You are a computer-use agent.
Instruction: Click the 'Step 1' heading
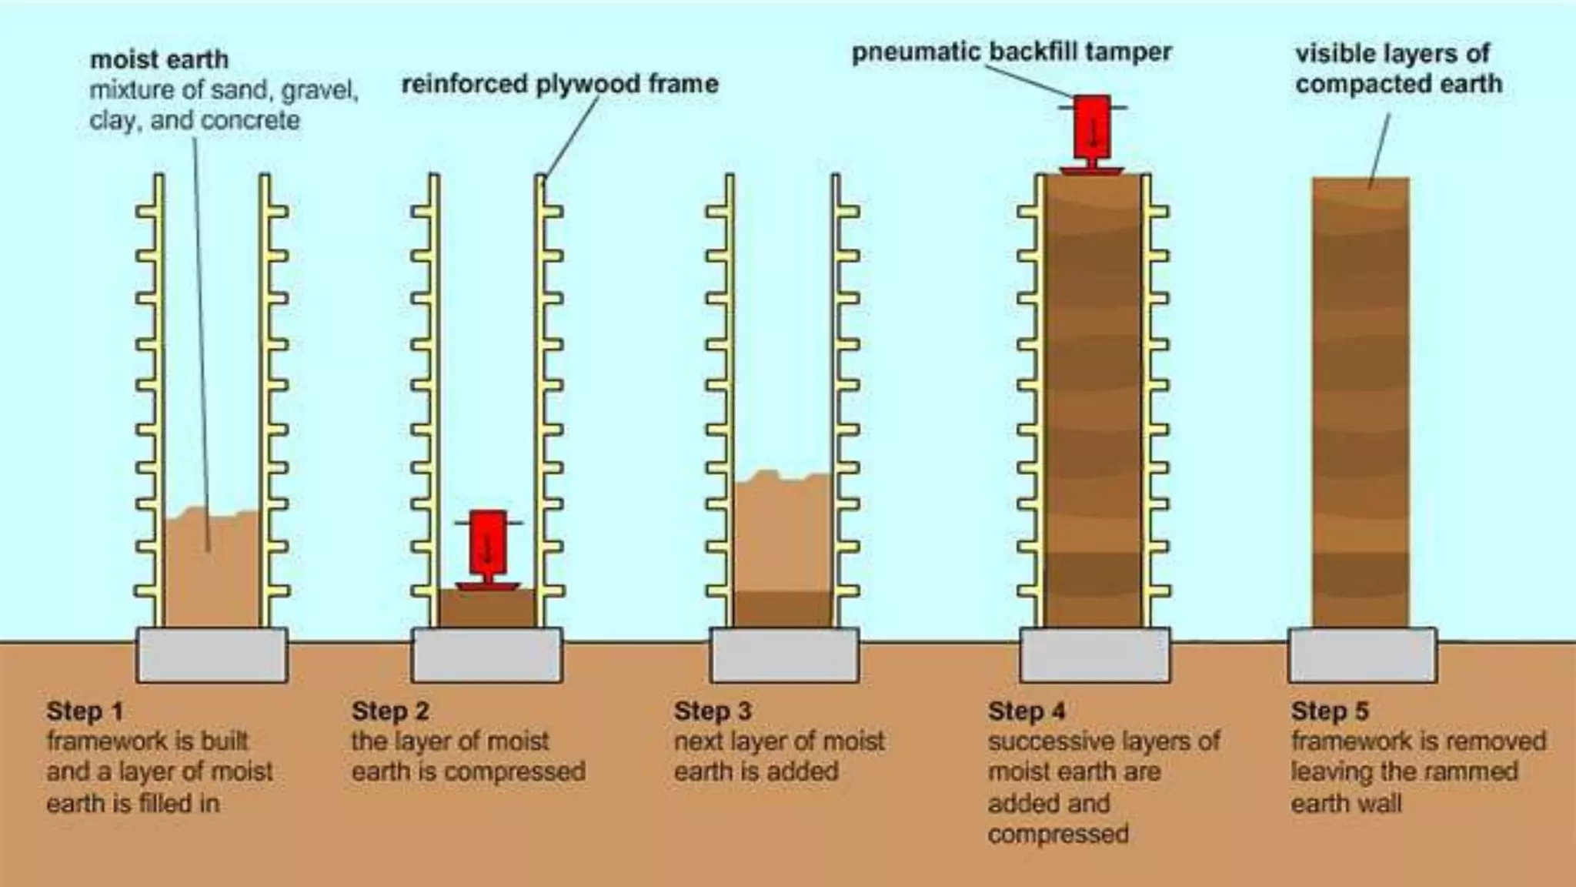[85, 711]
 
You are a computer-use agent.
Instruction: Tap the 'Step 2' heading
[390, 711]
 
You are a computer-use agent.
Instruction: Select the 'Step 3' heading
[713, 711]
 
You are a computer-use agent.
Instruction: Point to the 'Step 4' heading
[1027, 711]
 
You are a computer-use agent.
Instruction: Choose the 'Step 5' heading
[1330, 711]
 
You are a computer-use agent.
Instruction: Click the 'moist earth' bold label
[159, 59]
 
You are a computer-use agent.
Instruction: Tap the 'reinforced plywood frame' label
[559, 84]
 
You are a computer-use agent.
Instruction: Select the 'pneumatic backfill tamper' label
[1011, 52]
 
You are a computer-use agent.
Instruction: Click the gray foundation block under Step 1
[212, 655]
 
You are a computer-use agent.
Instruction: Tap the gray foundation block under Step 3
[783, 655]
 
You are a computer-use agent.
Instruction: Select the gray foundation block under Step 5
[1362, 655]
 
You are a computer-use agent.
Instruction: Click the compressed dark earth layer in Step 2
[487, 608]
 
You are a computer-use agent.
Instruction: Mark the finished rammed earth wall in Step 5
[1361, 400]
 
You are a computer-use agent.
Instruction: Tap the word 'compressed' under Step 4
[1058, 834]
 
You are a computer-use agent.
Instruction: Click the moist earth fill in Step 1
[212, 570]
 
